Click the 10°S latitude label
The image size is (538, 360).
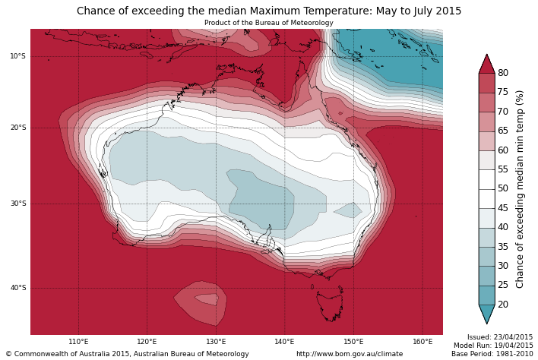click(17, 56)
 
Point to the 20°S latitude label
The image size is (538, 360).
click(17, 128)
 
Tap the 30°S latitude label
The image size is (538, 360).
click(17, 204)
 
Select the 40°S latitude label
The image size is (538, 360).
click(17, 288)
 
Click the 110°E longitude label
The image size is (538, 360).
click(78, 342)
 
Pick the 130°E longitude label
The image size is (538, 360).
click(216, 342)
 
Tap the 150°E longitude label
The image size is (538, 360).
click(353, 342)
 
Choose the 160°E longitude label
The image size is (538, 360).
click(422, 342)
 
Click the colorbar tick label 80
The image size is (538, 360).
click(503, 73)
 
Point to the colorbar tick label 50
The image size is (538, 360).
click(503, 188)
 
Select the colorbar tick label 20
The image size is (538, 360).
click(503, 305)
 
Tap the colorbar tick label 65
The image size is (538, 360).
click(503, 131)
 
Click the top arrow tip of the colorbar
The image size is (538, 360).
click(486, 55)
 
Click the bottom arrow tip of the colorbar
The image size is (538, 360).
click(486, 324)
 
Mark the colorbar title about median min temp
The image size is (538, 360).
click(521, 188)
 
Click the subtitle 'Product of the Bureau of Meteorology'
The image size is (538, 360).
click(269, 23)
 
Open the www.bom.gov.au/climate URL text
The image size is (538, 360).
click(350, 354)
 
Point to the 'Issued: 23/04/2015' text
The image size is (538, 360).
click(500, 337)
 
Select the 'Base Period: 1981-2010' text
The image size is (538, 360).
click(492, 354)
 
